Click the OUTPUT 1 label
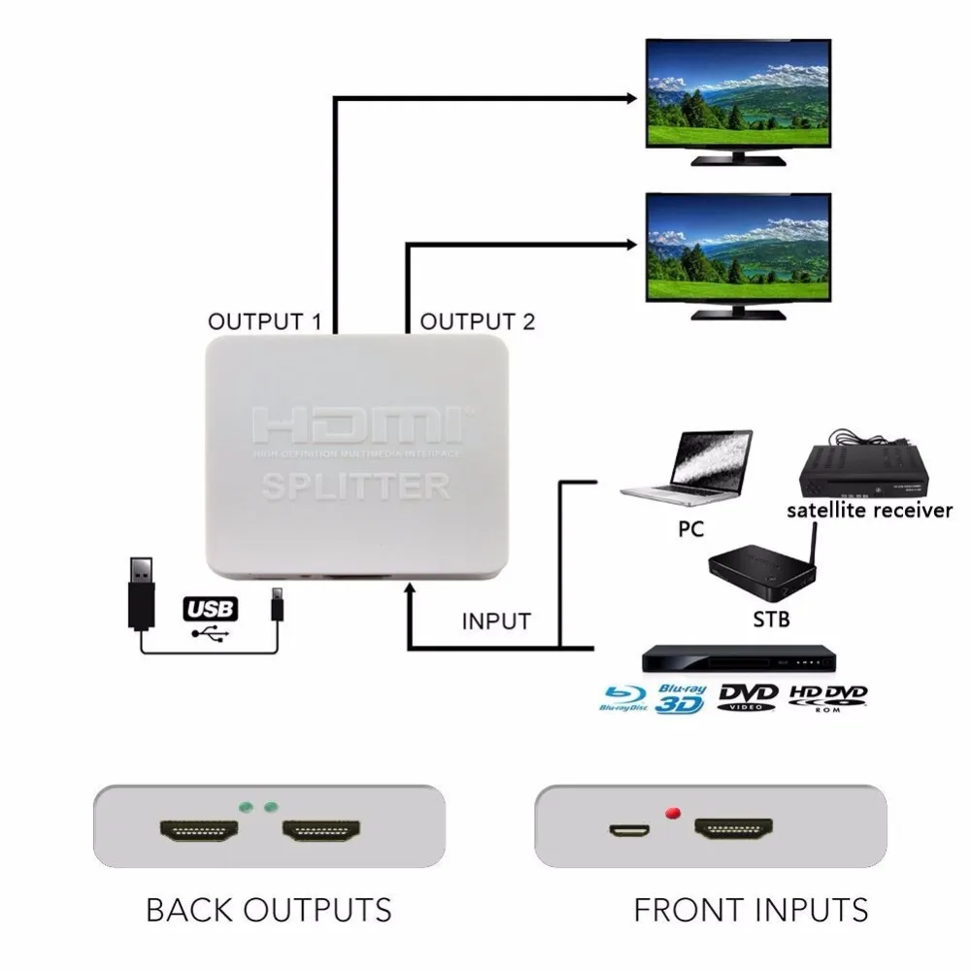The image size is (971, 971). (x=264, y=321)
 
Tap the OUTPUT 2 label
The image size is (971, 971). (x=477, y=321)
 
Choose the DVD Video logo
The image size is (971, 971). (x=748, y=697)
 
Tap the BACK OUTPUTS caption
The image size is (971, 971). (x=268, y=910)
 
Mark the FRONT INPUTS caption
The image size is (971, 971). (x=750, y=910)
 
